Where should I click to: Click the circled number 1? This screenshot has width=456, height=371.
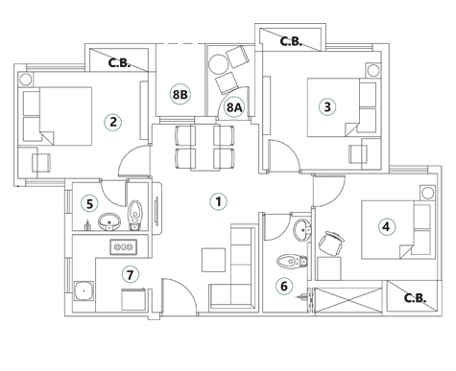coord(218,201)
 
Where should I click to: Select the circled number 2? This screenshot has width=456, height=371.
coord(113,122)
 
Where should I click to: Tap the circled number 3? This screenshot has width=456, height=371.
coord(327,107)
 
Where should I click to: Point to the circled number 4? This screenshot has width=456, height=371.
coord(385,227)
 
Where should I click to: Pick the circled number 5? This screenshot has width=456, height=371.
coord(89,203)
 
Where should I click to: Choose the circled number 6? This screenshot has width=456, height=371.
coord(283,286)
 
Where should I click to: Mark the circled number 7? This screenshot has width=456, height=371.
coord(131,275)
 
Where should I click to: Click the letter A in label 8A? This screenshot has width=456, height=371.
coord(238,108)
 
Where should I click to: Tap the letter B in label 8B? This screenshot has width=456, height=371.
coord(183,95)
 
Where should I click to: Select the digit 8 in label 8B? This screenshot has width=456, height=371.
coord(176,95)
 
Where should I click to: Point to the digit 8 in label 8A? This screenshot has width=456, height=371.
coord(230,108)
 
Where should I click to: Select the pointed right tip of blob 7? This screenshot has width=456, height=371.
coord(155,273)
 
